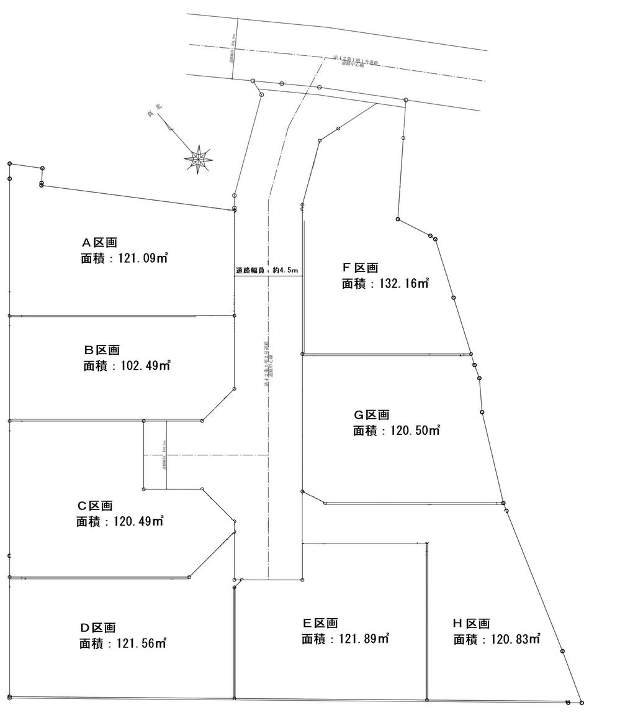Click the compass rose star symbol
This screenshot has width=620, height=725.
point(198,158)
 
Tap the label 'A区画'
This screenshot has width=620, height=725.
point(100,243)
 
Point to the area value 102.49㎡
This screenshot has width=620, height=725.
point(145,367)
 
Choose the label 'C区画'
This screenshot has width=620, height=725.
point(95,506)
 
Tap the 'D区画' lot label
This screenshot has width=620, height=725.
point(97,628)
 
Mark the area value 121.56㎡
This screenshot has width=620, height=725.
point(141,644)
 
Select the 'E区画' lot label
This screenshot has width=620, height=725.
point(320,623)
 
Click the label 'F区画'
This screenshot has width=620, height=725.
point(360,268)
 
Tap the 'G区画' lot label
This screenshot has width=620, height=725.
point(371,414)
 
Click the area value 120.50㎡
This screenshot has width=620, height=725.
point(415,430)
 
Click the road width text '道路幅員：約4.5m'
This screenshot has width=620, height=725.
point(267,270)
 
